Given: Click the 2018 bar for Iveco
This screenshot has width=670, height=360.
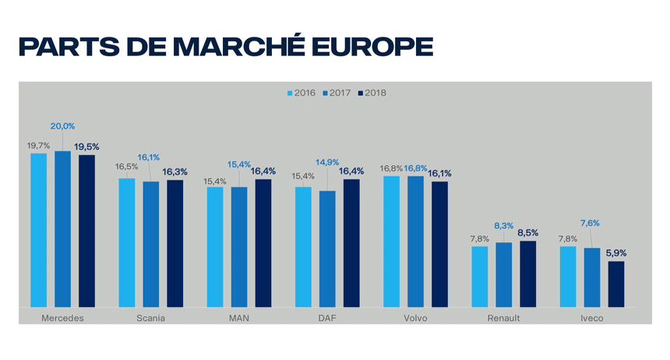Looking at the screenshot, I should pos(616,284).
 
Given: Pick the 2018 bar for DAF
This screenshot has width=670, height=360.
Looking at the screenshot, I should pos(351,242).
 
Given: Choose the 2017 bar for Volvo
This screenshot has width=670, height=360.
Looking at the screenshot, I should pos(416,241).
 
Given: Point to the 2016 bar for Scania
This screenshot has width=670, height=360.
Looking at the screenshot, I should pos(126,242).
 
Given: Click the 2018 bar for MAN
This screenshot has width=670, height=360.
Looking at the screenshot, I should pos(263,242).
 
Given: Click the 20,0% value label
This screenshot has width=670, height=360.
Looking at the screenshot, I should pos(63,126).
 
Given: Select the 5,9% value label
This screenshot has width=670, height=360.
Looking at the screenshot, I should pos(616,252).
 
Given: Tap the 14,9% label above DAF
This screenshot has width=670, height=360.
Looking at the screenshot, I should pos(327,162).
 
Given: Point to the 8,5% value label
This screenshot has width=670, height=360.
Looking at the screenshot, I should pos(528,231).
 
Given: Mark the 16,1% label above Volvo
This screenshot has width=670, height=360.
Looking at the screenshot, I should pos(440,173).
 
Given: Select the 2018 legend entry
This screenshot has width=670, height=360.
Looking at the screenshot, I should pos(372,93).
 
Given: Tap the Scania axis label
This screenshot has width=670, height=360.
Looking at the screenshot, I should pos(150,318).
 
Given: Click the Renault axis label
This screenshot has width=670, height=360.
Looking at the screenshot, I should pos(503,318).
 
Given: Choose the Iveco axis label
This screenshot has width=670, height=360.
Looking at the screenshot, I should pos(592,318).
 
